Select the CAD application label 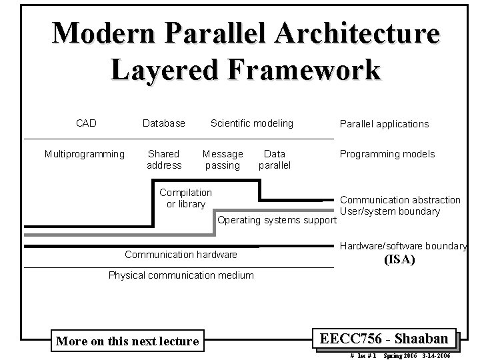(x=86, y=123)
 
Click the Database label (x=164, y=123)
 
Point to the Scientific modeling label (x=252, y=123)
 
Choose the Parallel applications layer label (x=384, y=123)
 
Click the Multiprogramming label (x=85, y=154)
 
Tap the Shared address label (x=164, y=159)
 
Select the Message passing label (x=223, y=159)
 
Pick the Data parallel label (x=275, y=159)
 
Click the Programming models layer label (x=387, y=154)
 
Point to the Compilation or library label (x=186, y=198)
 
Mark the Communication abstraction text (x=409, y=199)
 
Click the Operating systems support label (x=275, y=220)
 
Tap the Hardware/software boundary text (x=404, y=246)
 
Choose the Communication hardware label (x=181, y=254)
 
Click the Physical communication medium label (x=181, y=275)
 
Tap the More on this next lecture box (x=127, y=341)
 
